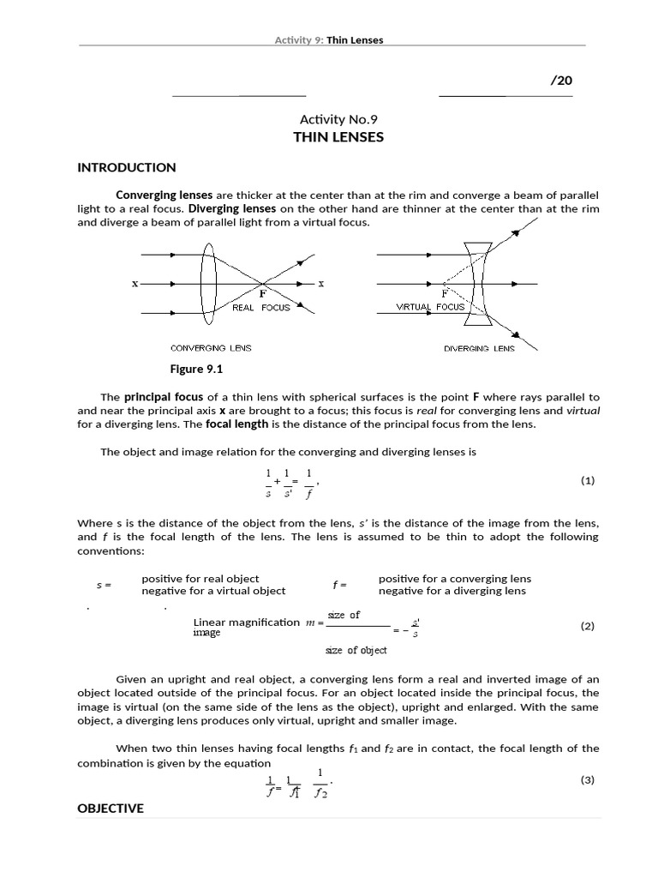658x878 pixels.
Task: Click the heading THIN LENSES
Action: [338, 137]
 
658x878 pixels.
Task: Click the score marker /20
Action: [560, 81]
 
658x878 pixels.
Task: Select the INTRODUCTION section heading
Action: [127, 167]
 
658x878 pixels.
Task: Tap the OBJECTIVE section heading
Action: [111, 809]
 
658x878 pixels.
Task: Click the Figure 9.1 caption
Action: [197, 370]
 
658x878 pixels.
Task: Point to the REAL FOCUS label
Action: [261, 308]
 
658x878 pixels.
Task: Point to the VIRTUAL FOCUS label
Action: [430, 306]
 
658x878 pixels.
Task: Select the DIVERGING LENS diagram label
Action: [479, 349]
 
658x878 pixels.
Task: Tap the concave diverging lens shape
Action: [479, 283]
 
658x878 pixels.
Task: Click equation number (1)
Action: [587, 481]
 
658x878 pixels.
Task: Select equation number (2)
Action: [587, 626]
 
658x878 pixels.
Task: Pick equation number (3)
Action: [587, 779]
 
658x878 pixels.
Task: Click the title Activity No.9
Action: [338, 119]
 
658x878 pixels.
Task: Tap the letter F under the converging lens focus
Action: [263, 292]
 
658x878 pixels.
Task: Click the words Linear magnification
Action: [247, 622]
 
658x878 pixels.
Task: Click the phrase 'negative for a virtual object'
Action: [213, 591]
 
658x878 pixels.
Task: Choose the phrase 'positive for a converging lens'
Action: [455, 579]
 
